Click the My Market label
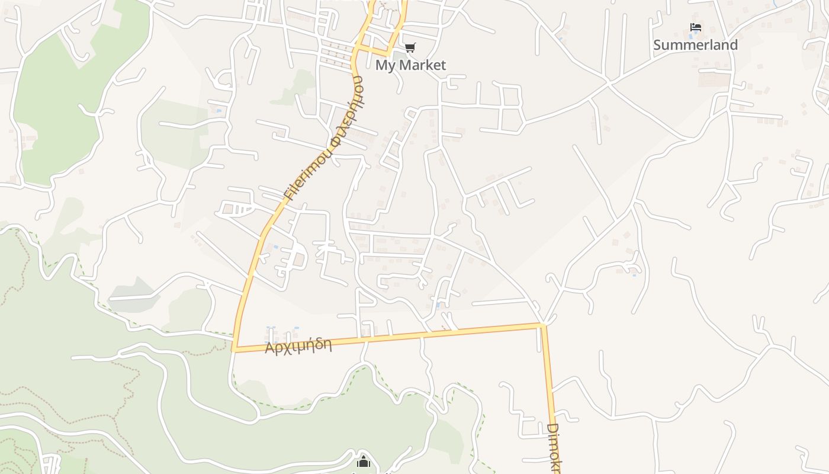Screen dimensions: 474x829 (410, 65)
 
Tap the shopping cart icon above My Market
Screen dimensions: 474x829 (410, 47)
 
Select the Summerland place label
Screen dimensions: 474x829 (695, 45)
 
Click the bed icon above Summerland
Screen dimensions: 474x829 (696, 27)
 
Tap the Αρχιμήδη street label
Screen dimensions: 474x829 (298, 345)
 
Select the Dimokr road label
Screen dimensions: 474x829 (553, 447)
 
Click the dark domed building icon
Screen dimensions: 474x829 (364, 461)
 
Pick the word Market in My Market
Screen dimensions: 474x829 (423, 65)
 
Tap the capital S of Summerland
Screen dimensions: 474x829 (657, 45)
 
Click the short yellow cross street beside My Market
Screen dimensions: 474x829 (375, 50)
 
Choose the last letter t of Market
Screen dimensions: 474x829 (443, 65)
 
